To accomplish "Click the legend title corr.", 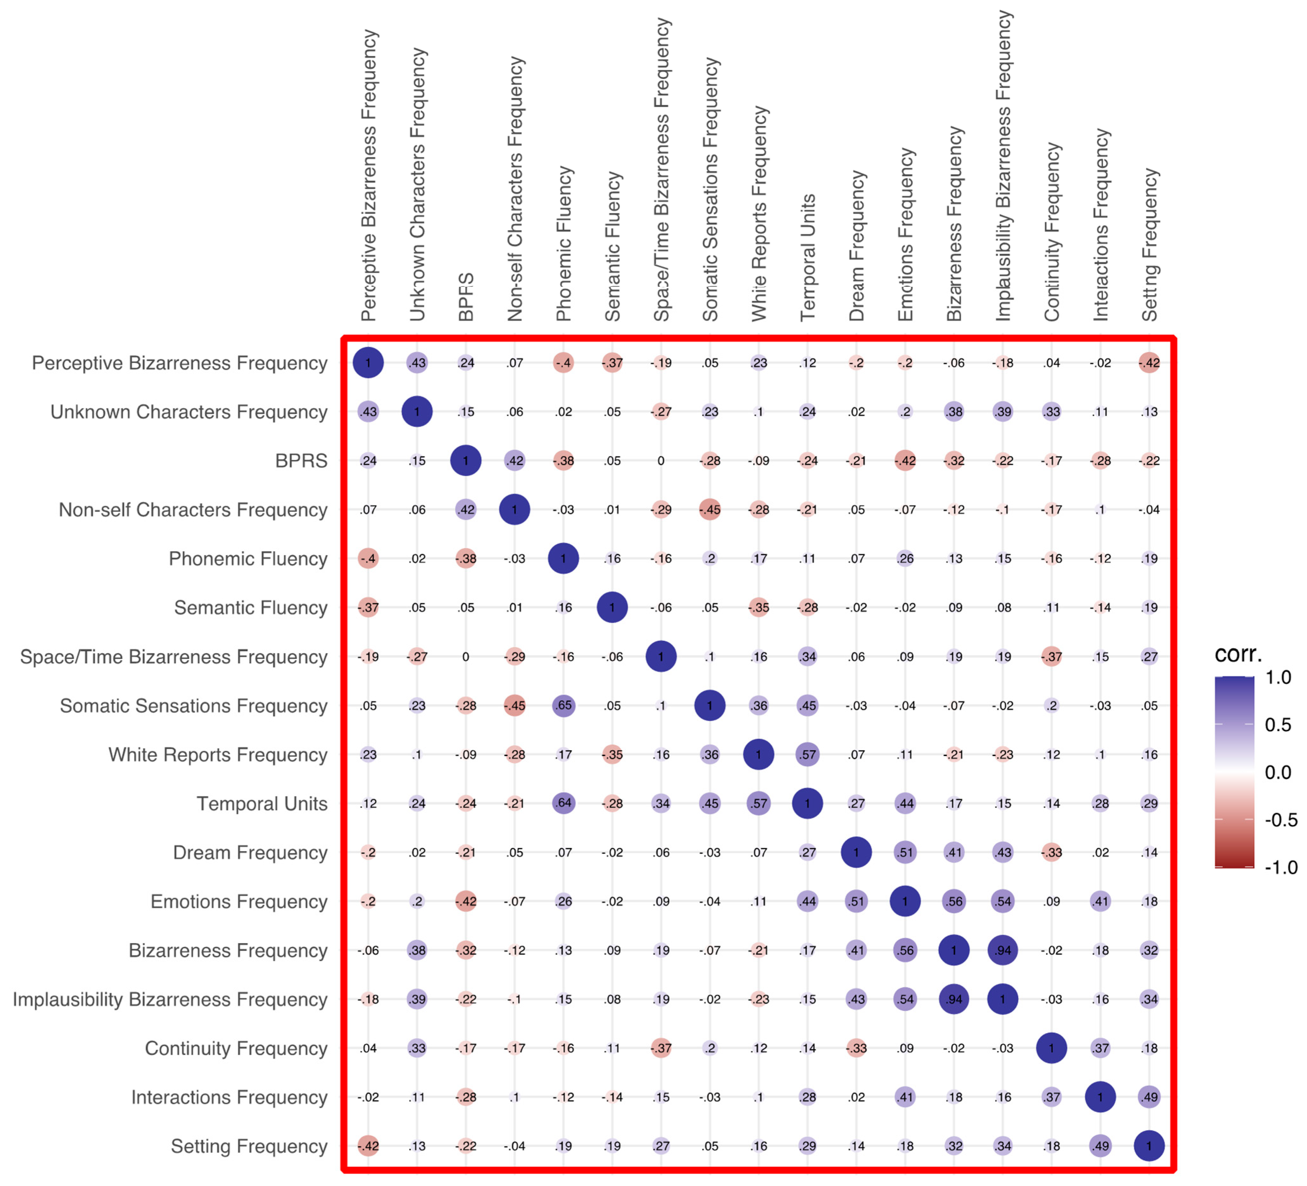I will (x=1238, y=653).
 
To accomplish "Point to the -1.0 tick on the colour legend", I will (x=1280, y=867).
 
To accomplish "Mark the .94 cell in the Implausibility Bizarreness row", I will (x=954, y=999).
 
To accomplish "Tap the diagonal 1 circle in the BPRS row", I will (x=465, y=460).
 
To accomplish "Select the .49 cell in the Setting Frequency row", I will (x=1100, y=1146).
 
